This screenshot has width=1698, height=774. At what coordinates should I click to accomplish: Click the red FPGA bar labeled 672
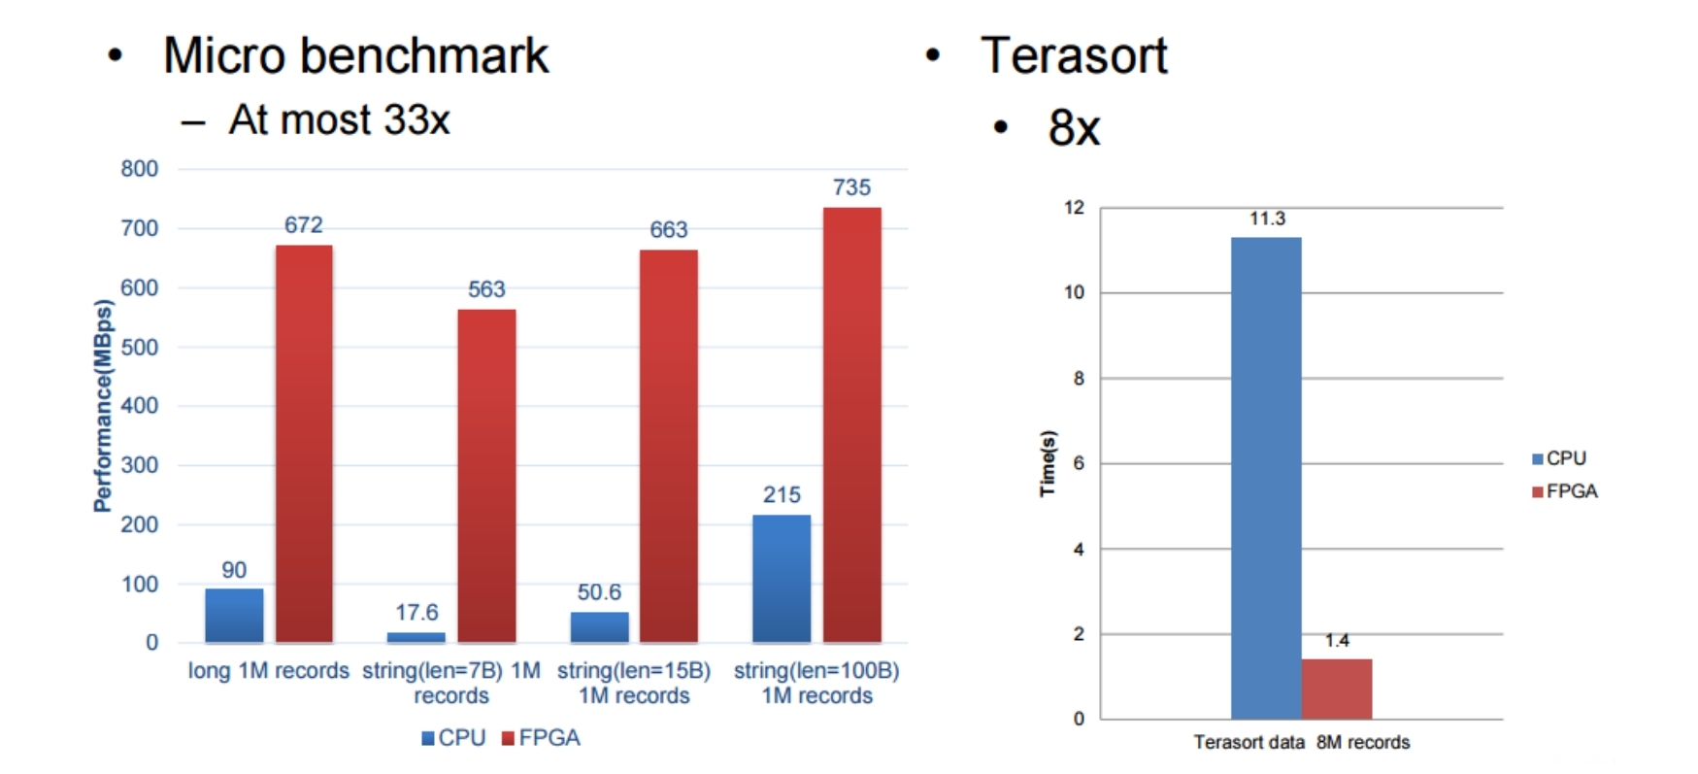(304, 443)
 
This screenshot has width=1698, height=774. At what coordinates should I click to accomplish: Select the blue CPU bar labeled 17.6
(416, 637)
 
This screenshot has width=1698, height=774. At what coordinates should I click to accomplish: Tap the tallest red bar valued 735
(851, 424)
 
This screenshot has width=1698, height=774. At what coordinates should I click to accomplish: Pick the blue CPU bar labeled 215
(782, 578)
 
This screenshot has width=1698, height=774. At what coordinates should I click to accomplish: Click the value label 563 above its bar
(486, 289)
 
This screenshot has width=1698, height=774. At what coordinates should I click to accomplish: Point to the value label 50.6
(599, 592)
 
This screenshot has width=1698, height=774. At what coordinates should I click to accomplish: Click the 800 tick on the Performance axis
(139, 169)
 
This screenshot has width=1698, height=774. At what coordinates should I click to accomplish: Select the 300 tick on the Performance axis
(139, 465)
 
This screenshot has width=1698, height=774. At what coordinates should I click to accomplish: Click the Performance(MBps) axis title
(102, 406)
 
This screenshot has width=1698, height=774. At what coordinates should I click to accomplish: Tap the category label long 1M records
(268, 671)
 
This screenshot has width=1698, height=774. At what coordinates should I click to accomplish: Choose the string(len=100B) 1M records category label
(816, 683)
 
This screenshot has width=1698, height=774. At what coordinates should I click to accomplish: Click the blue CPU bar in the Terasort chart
(1266, 478)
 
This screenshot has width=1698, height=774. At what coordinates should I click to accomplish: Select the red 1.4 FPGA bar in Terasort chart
(1337, 689)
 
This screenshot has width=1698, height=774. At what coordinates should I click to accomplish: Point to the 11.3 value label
(1267, 219)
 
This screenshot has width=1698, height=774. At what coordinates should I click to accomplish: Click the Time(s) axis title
(1048, 463)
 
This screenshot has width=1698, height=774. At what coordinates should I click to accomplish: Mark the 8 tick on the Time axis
(1079, 379)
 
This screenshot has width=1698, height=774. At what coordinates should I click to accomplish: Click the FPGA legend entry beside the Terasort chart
(1565, 491)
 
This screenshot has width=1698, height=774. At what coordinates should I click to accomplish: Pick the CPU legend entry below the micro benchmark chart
(453, 738)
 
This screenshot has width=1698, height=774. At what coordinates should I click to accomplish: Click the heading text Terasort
(1074, 55)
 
